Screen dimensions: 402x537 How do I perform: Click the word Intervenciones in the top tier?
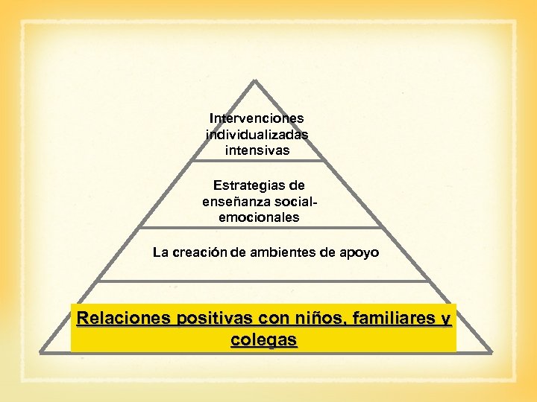(257, 118)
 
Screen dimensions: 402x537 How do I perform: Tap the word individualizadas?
(257, 134)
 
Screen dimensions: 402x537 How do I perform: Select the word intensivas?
(257, 150)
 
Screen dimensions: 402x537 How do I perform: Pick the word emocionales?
(259, 217)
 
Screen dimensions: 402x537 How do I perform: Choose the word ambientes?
(284, 252)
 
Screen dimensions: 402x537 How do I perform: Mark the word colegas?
(264, 340)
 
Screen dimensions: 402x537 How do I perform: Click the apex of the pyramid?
(256, 80)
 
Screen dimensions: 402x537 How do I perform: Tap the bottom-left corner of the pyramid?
(42, 350)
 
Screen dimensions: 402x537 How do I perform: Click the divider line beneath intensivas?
(257, 160)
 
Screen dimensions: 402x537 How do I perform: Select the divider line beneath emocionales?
(257, 228)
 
